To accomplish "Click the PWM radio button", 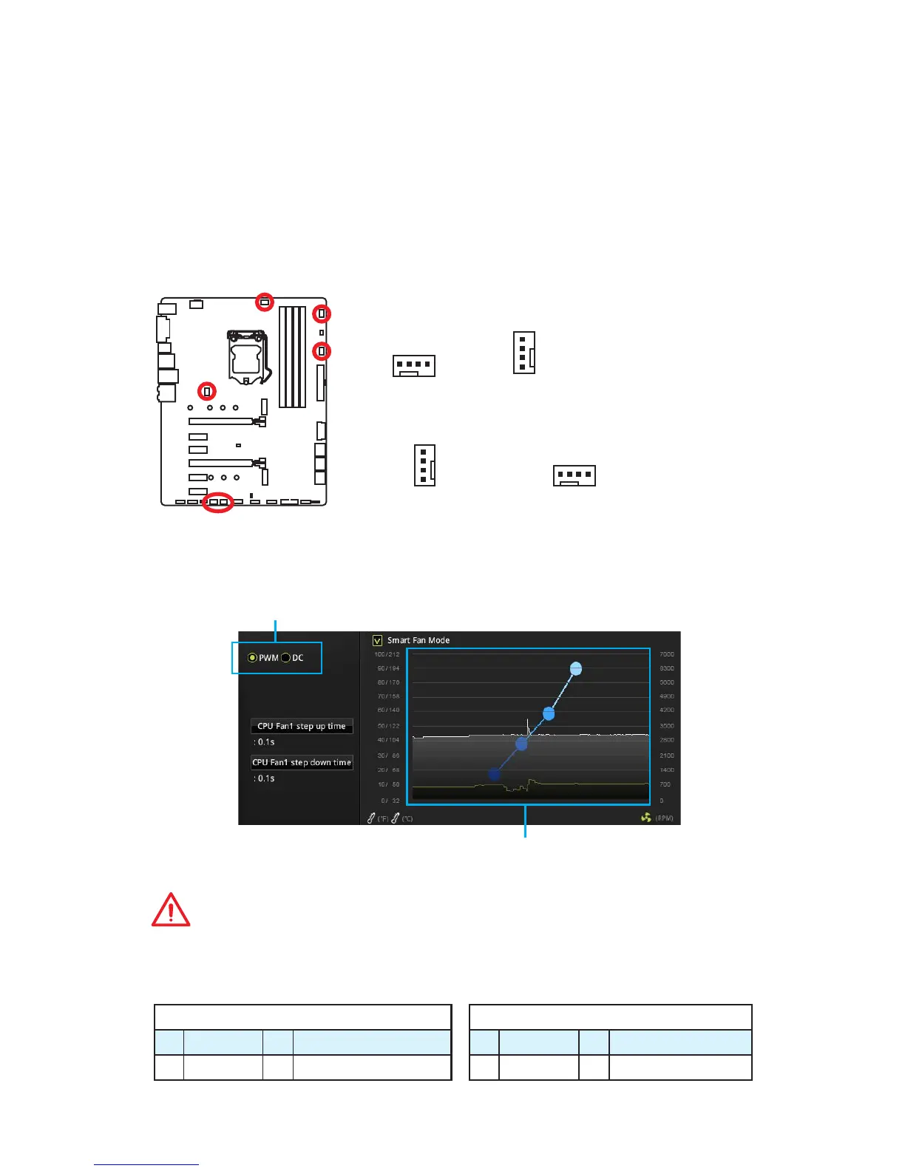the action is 253,658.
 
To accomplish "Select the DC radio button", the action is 285,658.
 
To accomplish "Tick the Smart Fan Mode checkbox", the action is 378,640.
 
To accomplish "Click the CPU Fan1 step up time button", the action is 302,726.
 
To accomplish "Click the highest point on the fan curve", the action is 576,669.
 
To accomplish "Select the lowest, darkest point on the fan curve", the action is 495,774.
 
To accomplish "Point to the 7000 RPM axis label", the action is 666,655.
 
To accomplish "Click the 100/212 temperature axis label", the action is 387,655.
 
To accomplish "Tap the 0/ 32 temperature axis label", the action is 390,801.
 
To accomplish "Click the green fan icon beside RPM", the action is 646,818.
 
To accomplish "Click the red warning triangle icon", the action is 171,910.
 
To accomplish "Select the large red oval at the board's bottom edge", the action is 218,502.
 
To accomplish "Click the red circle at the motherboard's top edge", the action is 264,302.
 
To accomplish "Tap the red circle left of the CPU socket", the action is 208,390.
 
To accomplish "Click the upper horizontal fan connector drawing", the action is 414,366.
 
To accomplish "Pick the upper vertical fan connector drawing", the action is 524,353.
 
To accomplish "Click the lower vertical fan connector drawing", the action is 424,465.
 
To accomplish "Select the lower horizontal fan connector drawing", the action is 574,475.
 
